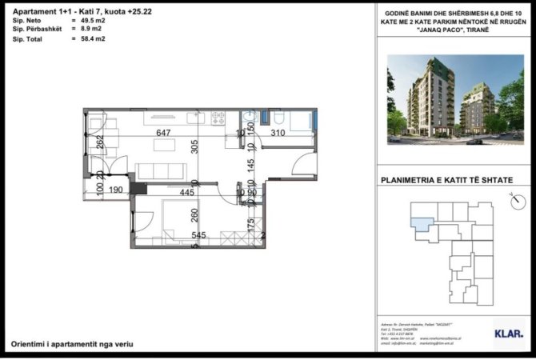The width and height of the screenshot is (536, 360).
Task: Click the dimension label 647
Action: click(164, 133)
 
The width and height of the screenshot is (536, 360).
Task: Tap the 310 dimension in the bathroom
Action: click(278, 133)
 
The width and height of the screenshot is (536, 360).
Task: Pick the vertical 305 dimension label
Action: click(194, 147)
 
